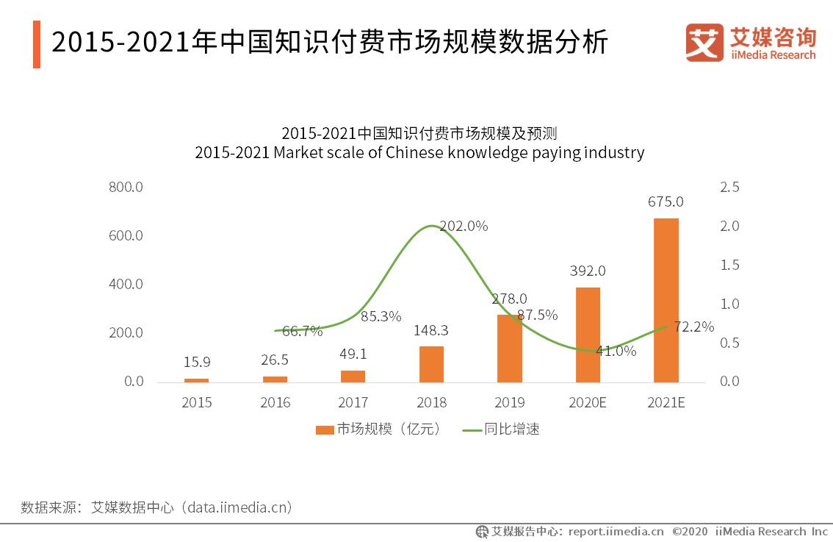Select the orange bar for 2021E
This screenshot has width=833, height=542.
click(666, 300)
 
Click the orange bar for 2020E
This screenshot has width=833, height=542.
click(588, 335)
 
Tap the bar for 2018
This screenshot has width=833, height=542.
click(431, 364)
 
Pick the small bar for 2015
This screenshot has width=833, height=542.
click(196, 380)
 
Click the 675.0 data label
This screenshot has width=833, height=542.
click(666, 202)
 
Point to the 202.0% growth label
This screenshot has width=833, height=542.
click(464, 227)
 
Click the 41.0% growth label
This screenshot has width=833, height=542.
click(616, 351)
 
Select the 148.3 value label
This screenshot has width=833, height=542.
click(430, 331)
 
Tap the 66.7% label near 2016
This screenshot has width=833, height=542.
click(302, 331)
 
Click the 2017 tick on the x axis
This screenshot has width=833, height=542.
click(353, 403)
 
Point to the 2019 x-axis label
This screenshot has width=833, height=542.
click(509, 403)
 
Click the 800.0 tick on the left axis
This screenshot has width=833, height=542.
click(126, 188)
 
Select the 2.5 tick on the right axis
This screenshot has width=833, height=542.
click(729, 188)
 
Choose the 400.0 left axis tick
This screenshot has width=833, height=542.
click(126, 285)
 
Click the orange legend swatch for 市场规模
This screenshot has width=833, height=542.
click(325, 429)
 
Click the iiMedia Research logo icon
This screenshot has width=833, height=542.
click(704, 43)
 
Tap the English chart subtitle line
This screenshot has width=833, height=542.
click(419, 153)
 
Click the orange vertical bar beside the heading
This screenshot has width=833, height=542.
click(37, 44)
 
